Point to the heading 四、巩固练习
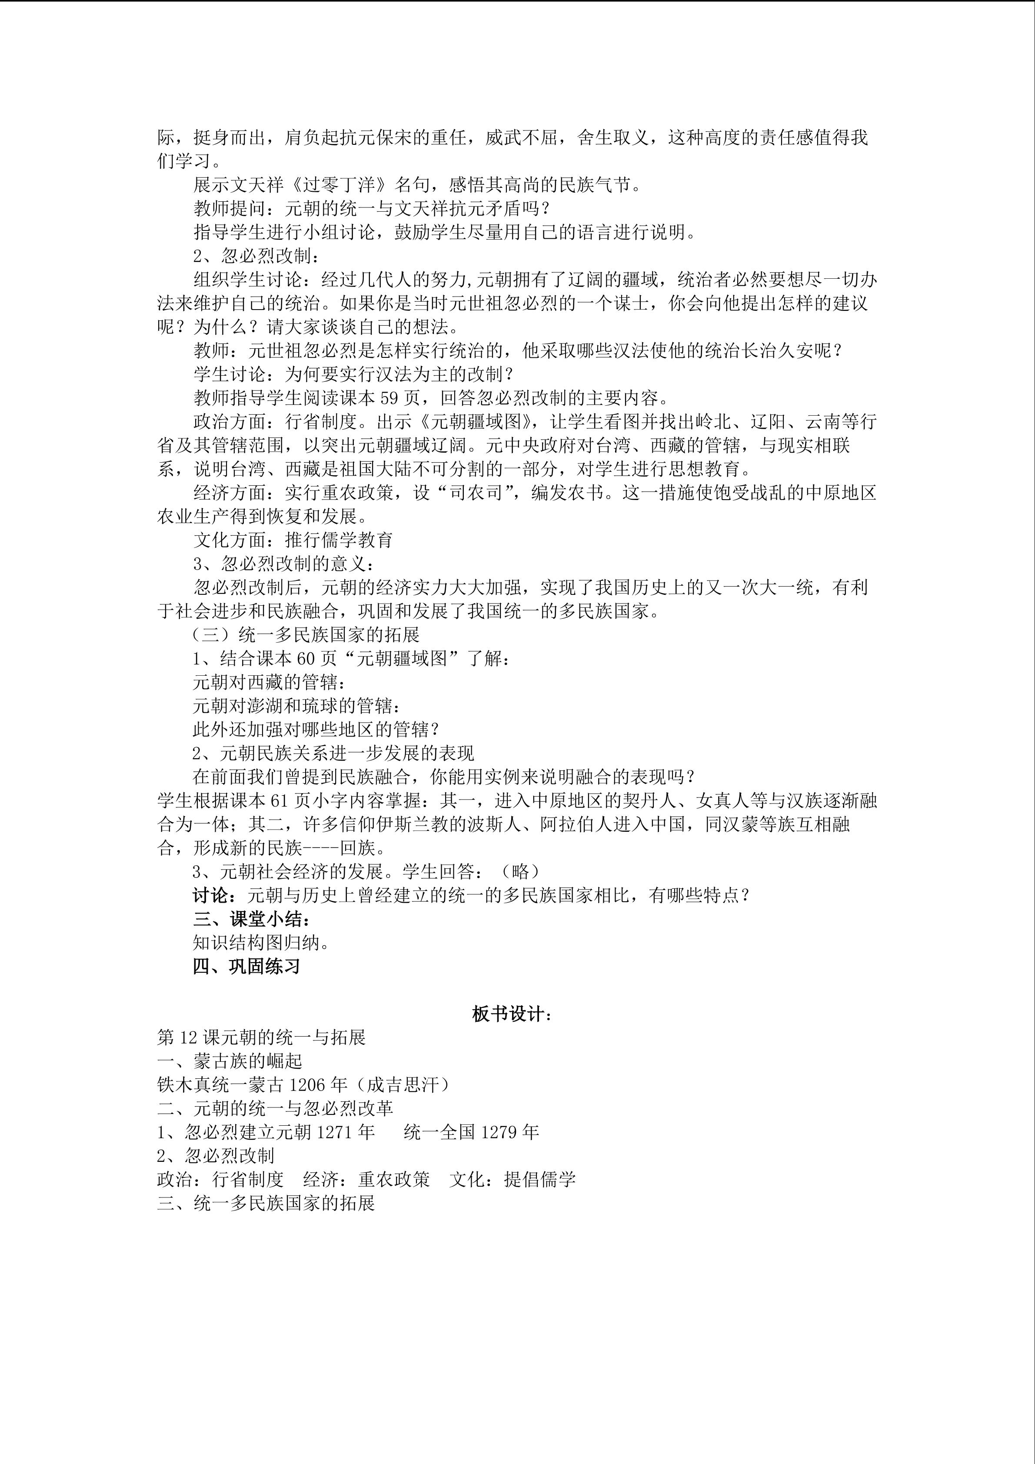pos(246,967)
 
